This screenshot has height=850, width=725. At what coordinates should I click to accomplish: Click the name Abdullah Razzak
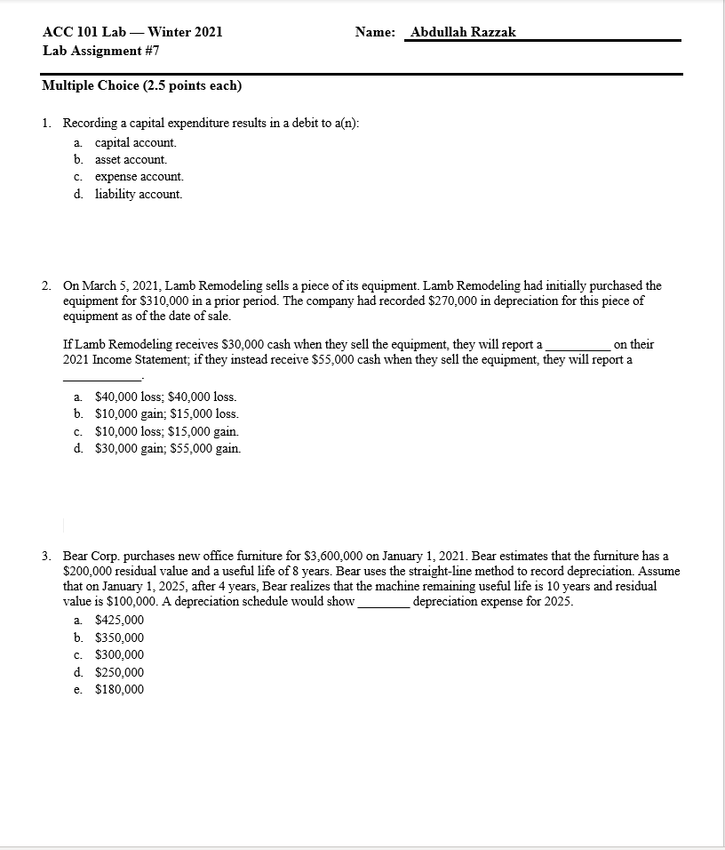(x=463, y=32)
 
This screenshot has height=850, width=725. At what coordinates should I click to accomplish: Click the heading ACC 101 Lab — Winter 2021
(x=132, y=32)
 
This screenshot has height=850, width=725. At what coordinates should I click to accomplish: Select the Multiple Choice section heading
(x=142, y=85)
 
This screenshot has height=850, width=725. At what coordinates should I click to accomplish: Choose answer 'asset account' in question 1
(x=131, y=159)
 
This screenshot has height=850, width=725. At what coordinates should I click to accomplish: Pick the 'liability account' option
(x=138, y=193)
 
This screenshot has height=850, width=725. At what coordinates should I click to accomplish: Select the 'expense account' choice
(x=139, y=176)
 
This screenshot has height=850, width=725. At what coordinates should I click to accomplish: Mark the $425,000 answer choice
(x=119, y=620)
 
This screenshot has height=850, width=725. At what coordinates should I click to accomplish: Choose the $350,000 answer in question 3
(x=119, y=637)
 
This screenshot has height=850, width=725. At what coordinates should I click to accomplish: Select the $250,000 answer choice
(x=119, y=672)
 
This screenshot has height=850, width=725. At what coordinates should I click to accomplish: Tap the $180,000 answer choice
(x=119, y=689)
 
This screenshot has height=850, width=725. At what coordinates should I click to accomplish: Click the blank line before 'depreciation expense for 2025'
(x=383, y=603)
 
